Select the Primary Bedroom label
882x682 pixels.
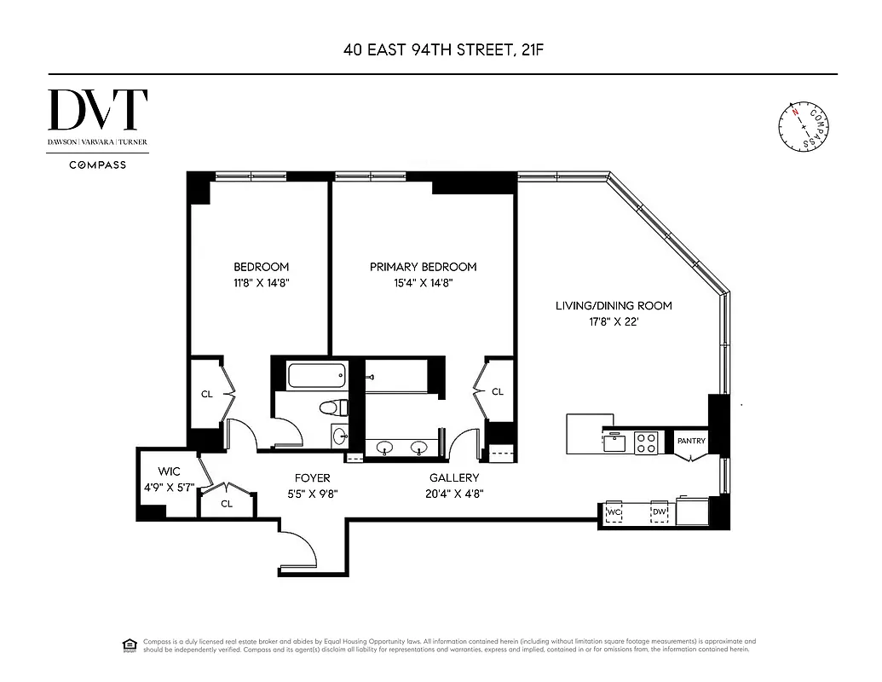(x=423, y=267)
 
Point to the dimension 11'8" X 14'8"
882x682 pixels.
(x=261, y=283)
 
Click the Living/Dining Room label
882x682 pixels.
(x=614, y=305)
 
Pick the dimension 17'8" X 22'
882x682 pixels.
(x=614, y=322)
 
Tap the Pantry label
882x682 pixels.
(x=691, y=442)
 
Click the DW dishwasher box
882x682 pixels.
(x=659, y=511)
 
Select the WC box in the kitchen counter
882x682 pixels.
(x=614, y=511)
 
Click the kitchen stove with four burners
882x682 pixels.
(x=647, y=442)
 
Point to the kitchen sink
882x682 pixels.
(x=614, y=442)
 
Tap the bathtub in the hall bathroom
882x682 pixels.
(x=317, y=374)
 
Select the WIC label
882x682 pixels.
(x=170, y=471)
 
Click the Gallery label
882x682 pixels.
(x=453, y=478)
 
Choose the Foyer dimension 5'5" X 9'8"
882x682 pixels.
(x=312, y=493)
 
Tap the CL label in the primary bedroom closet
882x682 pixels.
(x=497, y=392)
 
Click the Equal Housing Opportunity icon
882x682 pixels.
(x=130, y=644)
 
